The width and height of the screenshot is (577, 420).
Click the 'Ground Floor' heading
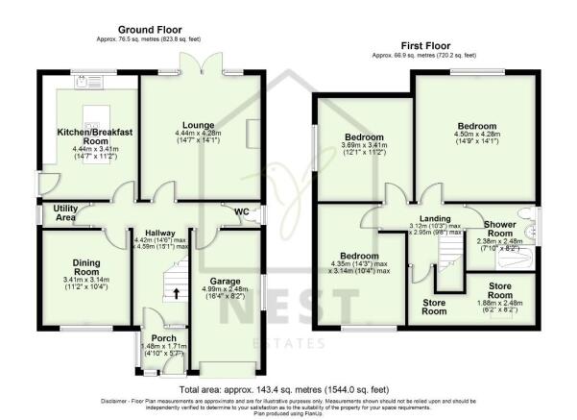point(151,30)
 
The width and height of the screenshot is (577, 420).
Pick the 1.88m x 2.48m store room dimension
point(495,305)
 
